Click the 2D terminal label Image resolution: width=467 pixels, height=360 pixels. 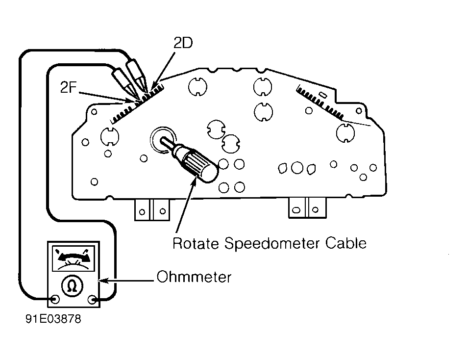183,43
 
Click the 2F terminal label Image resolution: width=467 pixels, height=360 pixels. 68,87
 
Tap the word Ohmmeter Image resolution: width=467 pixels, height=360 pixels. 194,277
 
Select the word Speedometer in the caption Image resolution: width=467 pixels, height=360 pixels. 271,244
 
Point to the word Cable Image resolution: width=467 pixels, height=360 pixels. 345,243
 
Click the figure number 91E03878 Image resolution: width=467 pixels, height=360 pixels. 53,319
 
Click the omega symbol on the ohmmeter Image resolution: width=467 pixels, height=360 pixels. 72,285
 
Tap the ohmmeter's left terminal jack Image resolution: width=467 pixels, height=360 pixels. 55,299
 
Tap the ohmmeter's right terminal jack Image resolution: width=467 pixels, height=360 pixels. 93,299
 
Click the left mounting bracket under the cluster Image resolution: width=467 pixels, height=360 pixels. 152,210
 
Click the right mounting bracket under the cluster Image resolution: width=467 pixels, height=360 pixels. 307,207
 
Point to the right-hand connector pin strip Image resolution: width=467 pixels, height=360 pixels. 320,102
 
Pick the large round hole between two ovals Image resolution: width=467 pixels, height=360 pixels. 297,168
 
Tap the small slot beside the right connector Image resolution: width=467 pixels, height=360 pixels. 323,95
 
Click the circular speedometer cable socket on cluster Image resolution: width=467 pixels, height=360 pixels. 163,140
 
